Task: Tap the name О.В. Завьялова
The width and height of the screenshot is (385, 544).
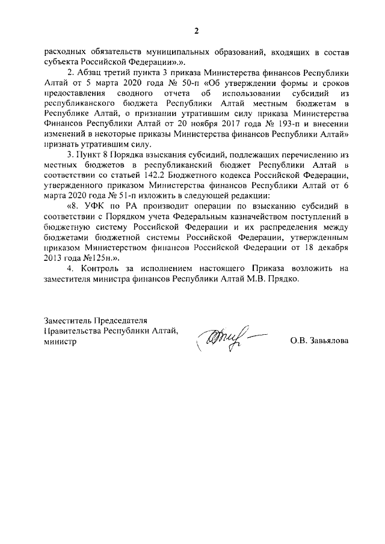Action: point(319,341)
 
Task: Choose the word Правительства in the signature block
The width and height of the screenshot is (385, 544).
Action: point(72,331)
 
